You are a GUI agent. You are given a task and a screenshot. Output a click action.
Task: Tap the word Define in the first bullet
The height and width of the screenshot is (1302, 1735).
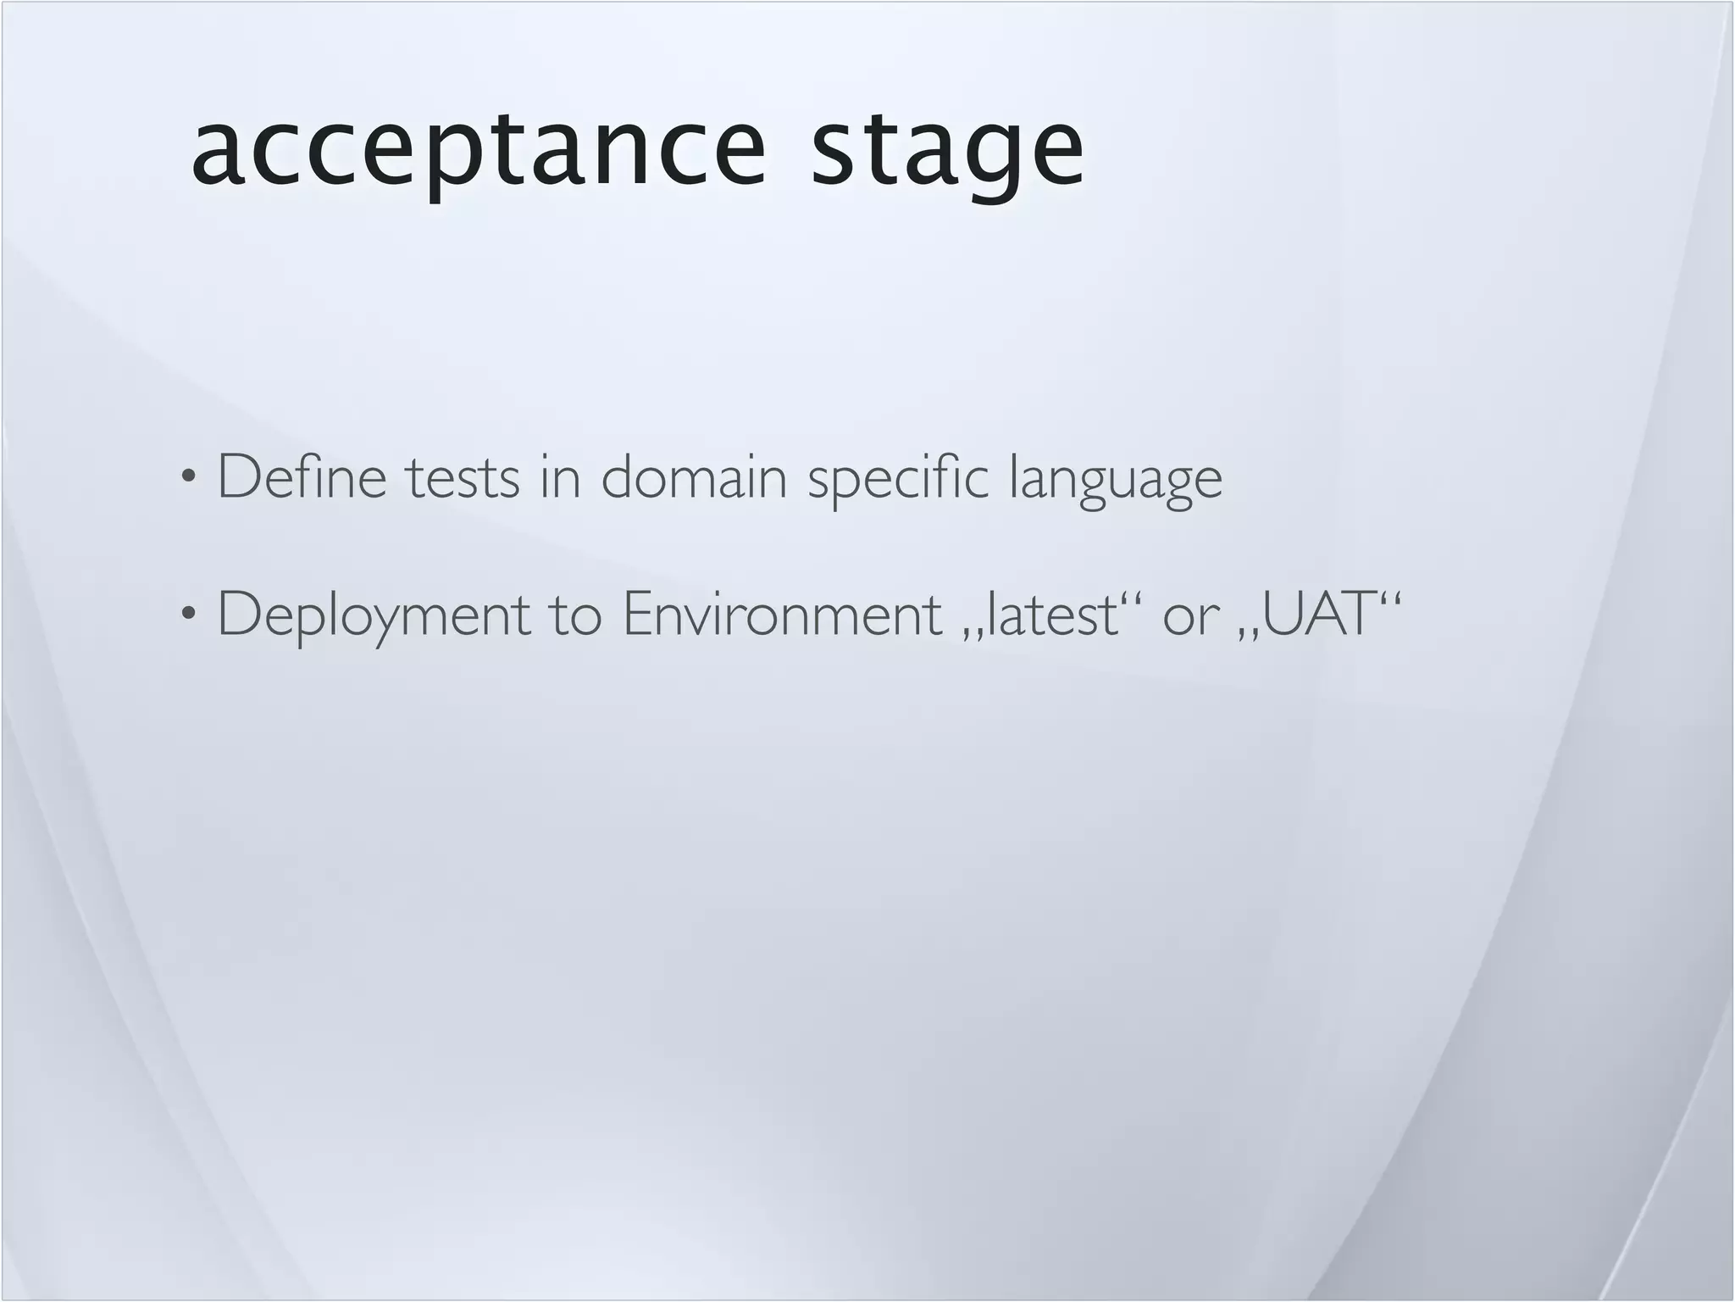pyautogui.click(x=302, y=477)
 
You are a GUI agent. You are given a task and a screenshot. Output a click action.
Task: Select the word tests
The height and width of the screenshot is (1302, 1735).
pyautogui.click(x=463, y=477)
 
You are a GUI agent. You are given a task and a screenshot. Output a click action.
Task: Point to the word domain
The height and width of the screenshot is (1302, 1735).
pyautogui.click(x=694, y=477)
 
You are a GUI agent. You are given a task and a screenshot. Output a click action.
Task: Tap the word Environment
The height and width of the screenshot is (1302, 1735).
pyautogui.click(x=782, y=615)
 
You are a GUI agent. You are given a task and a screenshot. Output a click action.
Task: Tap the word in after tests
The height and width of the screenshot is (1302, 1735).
pyautogui.click(x=560, y=477)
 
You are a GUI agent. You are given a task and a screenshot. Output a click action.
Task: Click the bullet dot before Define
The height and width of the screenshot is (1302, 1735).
pyautogui.click(x=188, y=476)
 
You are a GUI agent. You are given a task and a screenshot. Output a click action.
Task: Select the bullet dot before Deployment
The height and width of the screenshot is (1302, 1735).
pyautogui.click(x=188, y=613)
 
